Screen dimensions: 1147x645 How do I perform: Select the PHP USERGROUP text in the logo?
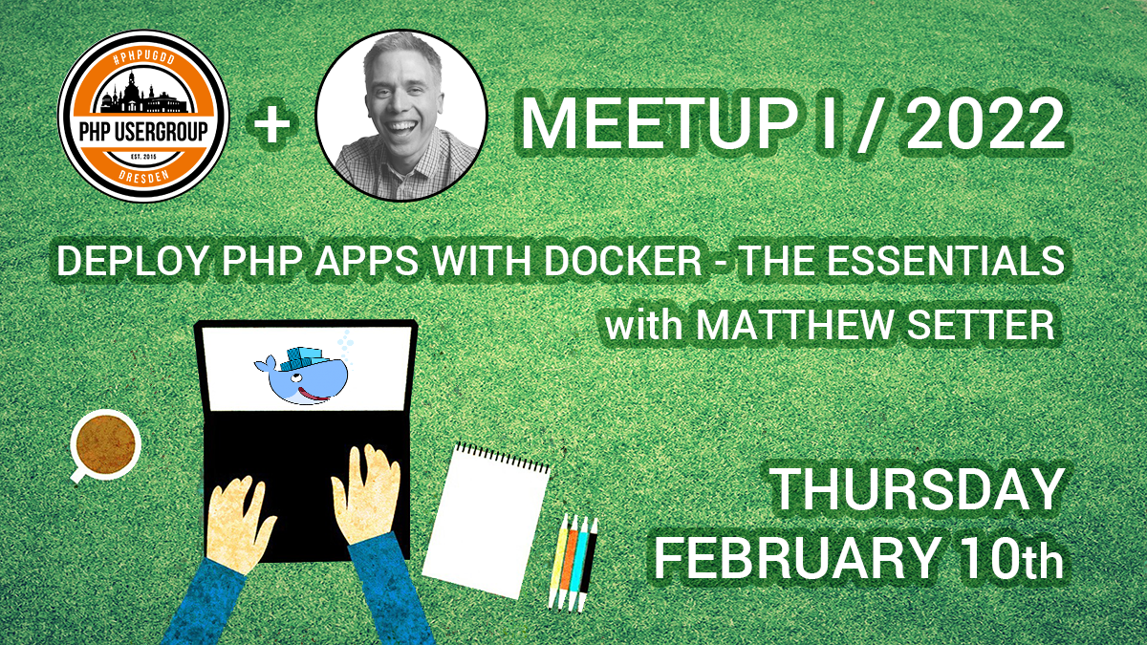143,131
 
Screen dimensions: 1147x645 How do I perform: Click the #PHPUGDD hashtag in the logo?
143,61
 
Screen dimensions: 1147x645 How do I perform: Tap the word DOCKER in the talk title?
622,261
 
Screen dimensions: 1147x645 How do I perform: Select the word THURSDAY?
916,490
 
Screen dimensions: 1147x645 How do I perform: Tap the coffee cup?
105,444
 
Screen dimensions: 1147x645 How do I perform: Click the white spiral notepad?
486,521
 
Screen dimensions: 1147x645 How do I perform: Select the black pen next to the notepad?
588,565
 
